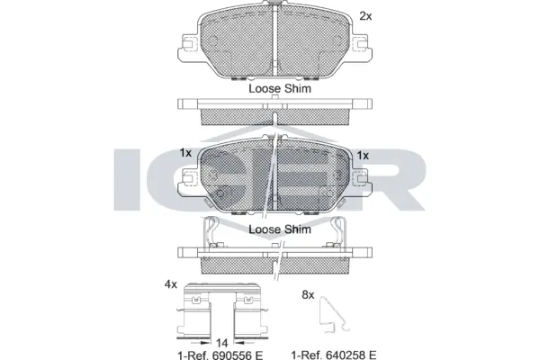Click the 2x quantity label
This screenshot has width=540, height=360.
click(365, 15)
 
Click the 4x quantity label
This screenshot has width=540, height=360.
click(170, 283)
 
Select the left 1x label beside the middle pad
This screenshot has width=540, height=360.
click(185, 153)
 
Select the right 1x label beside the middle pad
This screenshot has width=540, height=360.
click(364, 155)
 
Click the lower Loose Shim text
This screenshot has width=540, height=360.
click(279, 229)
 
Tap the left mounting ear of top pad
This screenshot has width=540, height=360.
click(189, 44)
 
